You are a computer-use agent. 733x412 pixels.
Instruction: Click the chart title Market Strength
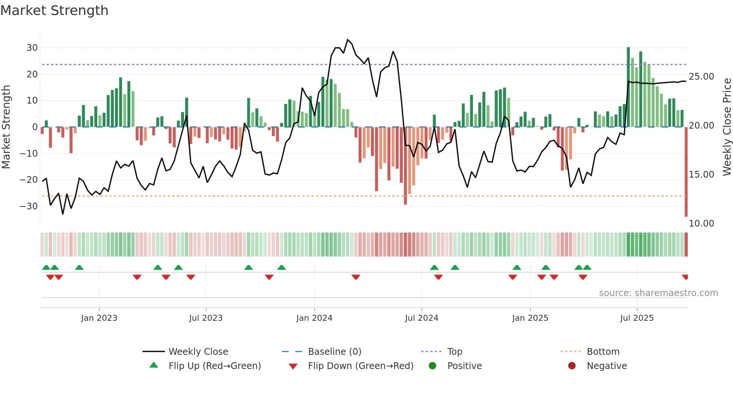point(54,10)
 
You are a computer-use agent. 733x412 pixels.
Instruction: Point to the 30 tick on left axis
point(32,48)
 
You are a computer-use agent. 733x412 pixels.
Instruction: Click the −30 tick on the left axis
point(29,206)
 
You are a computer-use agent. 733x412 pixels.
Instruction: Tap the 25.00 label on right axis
point(701,77)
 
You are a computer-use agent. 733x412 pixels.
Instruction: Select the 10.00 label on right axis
point(701,224)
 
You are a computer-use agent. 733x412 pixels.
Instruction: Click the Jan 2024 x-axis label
point(314,318)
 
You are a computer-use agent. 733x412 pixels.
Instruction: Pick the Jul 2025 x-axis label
point(637,318)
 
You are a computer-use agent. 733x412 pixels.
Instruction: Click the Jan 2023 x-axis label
point(99,318)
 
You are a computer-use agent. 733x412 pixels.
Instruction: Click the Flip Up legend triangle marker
point(154,365)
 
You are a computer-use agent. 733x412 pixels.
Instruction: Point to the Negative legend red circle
point(572,366)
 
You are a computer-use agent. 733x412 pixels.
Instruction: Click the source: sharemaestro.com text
point(658,293)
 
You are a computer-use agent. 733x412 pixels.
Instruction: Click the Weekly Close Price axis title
point(727,127)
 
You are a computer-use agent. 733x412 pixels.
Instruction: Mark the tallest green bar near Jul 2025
point(628,87)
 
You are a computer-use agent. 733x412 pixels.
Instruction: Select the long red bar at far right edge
point(686,172)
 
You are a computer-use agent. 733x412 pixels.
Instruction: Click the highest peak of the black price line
point(348,40)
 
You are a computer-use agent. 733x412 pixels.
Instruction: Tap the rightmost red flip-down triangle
point(685,277)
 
